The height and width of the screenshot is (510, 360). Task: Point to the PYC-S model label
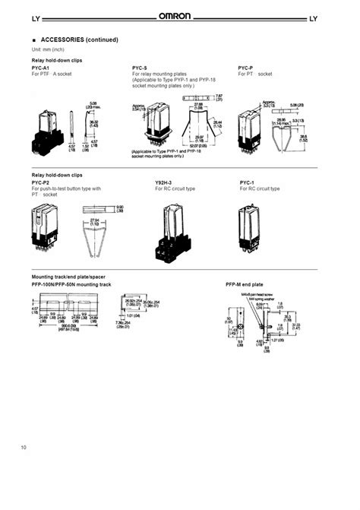[141, 68]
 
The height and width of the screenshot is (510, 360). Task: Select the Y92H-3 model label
[163, 183]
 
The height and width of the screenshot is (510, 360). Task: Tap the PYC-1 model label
[247, 183]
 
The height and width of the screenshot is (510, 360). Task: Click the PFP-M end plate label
[244, 284]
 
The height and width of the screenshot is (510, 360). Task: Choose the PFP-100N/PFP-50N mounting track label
[71, 284]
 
